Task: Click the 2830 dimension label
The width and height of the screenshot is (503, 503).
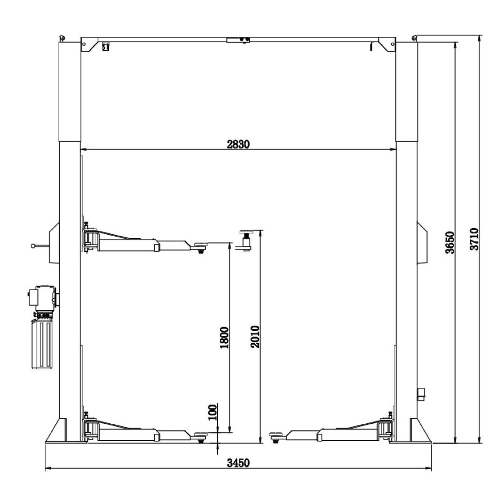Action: coord(238,144)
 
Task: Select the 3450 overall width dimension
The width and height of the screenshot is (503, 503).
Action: coord(238,463)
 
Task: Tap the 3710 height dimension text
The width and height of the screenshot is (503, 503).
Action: coord(474,239)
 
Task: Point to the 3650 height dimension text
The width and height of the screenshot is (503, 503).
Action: coord(450,243)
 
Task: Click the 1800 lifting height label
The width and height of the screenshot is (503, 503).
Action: coord(224,338)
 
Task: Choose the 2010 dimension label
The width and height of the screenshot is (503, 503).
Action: coord(255,337)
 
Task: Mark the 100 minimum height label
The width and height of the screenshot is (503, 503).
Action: coord(212,412)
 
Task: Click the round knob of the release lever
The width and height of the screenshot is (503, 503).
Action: coord(33,246)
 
